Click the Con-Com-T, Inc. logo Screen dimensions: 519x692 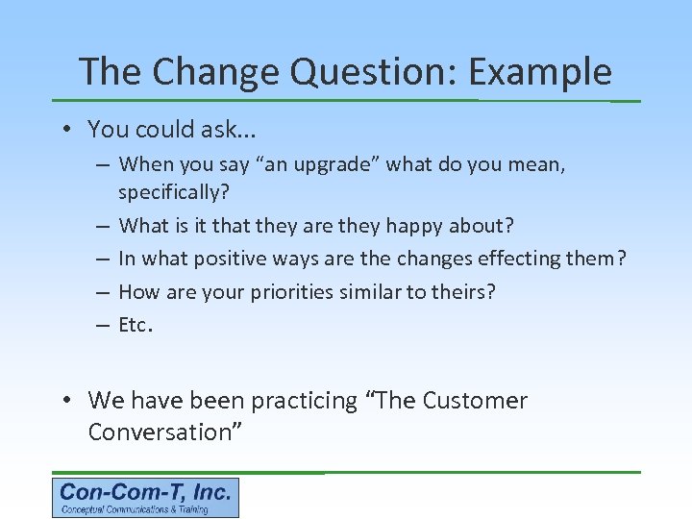[145, 498]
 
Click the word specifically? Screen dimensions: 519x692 [174, 192]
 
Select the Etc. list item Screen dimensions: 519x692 [136, 325]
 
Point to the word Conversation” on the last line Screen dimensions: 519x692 [164, 432]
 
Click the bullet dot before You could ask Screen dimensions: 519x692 [72, 129]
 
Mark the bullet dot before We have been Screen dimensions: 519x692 [72, 401]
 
